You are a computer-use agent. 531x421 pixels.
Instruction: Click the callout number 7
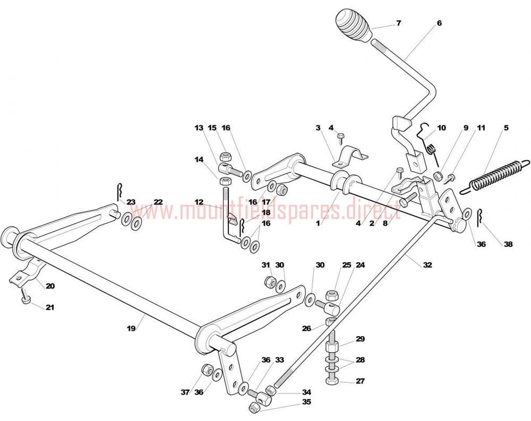pyautogui.click(x=399, y=23)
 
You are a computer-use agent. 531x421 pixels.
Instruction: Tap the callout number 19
pyautogui.click(x=131, y=329)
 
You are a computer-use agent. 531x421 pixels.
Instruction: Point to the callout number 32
pyautogui.click(x=427, y=265)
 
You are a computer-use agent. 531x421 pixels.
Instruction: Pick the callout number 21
pyautogui.click(x=50, y=307)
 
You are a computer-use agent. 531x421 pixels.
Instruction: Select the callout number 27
pyautogui.click(x=361, y=381)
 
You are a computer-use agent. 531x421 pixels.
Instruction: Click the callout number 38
pyautogui.click(x=509, y=245)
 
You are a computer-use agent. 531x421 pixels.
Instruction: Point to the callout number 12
pyautogui.click(x=199, y=202)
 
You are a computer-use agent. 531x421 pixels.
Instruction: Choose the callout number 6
pyautogui.click(x=439, y=23)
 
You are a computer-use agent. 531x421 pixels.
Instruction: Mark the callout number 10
pyautogui.click(x=442, y=128)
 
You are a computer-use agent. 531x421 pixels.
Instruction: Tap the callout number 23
pyautogui.click(x=131, y=202)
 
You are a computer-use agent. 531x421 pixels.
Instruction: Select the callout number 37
pyautogui.click(x=185, y=392)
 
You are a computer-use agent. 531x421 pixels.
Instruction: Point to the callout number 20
pyautogui.click(x=50, y=286)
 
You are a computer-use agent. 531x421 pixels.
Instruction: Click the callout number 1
pyautogui.click(x=318, y=224)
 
